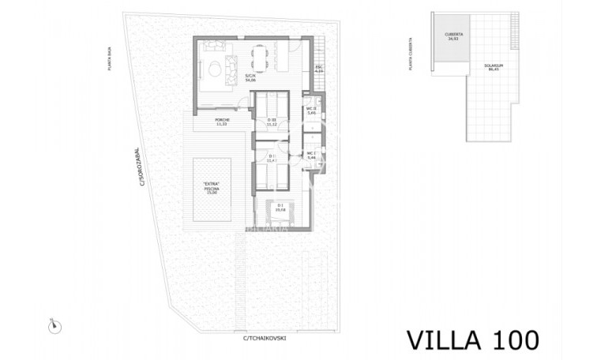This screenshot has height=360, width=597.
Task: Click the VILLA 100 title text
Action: point(473,339)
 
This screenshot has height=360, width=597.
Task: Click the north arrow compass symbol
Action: point(56,324)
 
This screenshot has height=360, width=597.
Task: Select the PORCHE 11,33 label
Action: point(223,122)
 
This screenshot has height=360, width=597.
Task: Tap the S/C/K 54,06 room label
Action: point(251,78)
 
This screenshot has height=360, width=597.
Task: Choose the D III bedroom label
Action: point(272,122)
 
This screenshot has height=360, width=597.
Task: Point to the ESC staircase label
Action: point(319,69)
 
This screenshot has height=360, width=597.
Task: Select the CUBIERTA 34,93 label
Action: point(452,38)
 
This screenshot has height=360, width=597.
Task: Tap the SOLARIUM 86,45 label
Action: point(496,69)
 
